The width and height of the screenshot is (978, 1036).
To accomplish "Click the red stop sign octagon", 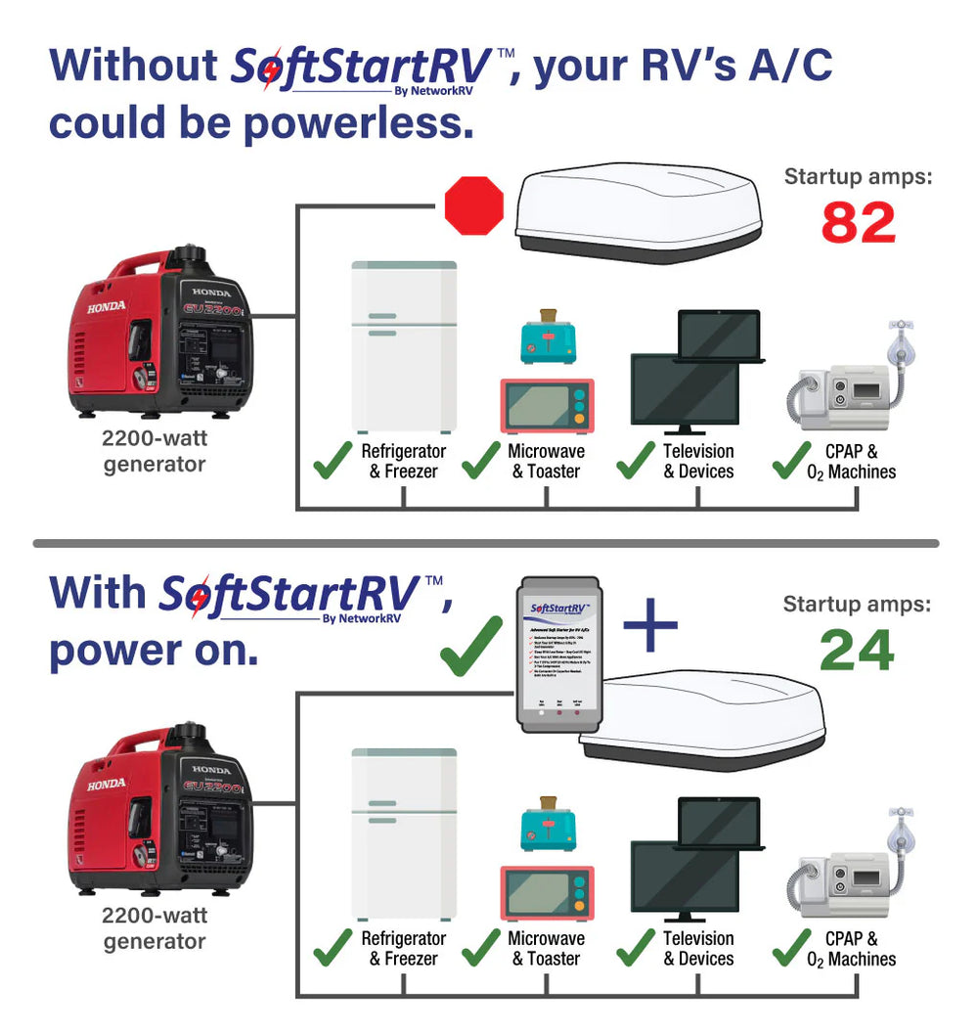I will [x=474, y=205].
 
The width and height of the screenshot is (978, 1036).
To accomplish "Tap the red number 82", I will [x=858, y=223].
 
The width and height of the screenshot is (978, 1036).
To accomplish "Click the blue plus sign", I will [x=650, y=627].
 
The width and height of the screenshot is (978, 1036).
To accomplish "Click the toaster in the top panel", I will [x=548, y=338].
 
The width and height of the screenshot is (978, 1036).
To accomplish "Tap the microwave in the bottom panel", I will [x=548, y=892].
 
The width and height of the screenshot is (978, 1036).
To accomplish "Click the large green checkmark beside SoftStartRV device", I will [x=471, y=647].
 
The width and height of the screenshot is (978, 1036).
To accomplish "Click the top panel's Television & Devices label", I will [x=698, y=461].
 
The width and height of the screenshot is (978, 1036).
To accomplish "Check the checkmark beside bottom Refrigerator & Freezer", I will [x=333, y=947].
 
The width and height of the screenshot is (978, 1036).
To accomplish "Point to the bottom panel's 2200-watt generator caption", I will [x=155, y=928].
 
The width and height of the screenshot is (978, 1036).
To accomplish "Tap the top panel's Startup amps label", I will [x=858, y=177].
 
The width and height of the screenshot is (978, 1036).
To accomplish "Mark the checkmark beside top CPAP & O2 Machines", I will [x=792, y=461].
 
